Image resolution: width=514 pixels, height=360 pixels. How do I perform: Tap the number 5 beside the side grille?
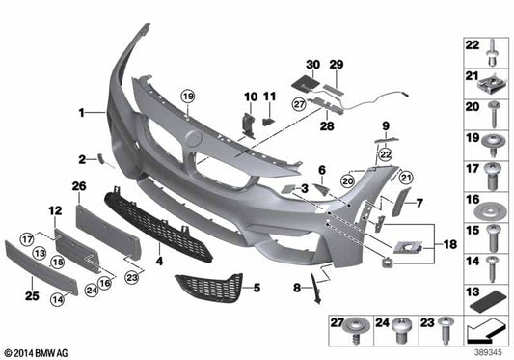256,288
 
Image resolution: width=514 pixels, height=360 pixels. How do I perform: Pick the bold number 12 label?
54,209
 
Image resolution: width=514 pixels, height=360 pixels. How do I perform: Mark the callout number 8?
297,287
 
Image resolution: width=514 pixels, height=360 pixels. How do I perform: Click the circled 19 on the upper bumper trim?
187,95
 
